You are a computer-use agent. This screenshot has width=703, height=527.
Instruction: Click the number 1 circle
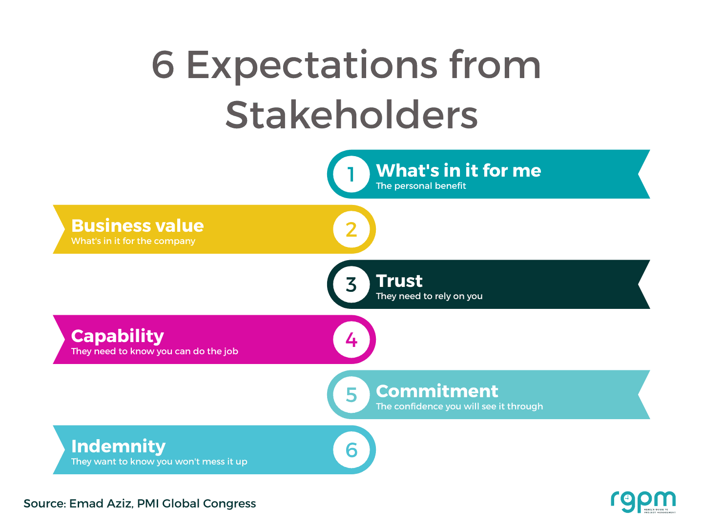click(x=351, y=174)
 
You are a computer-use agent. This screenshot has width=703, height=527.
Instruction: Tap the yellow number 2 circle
click(x=351, y=229)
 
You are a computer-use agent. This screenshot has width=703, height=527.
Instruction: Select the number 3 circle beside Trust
click(x=351, y=284)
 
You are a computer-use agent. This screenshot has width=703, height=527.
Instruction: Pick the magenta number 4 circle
click(x=351, y=340)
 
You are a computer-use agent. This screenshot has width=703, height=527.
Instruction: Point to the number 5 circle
click(x=351, y=395)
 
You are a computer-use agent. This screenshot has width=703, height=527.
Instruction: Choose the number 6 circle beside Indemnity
click(x=351, y=450)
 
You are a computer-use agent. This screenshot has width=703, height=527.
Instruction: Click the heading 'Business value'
click(x=137, y=226)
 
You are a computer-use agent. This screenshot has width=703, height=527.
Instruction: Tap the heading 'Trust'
click(x=399, y=281)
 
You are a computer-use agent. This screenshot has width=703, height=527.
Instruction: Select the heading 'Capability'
click(x=117, y=336)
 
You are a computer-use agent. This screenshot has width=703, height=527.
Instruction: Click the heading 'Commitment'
click(x=437, y=391)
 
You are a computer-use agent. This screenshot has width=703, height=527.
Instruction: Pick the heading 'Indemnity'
click(x=118, y=446)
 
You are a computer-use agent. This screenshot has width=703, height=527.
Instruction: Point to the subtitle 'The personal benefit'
click(x=421, y=186)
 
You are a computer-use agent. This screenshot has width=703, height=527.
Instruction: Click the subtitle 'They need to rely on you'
click(x=429, y=296)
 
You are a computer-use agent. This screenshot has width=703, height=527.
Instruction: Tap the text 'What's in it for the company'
click(x=133, y=241)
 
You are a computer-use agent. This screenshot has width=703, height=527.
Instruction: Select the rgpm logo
click(x=643, y=502)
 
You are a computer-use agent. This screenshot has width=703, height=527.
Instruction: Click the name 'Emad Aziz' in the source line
click(x=100, y=504)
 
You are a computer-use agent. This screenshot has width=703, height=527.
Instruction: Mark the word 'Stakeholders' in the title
click(x=351, y=115)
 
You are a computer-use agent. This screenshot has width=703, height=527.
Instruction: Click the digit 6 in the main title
click(x=163, y=65)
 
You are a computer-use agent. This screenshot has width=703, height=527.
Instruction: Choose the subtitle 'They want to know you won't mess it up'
click(x=159, y=462)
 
